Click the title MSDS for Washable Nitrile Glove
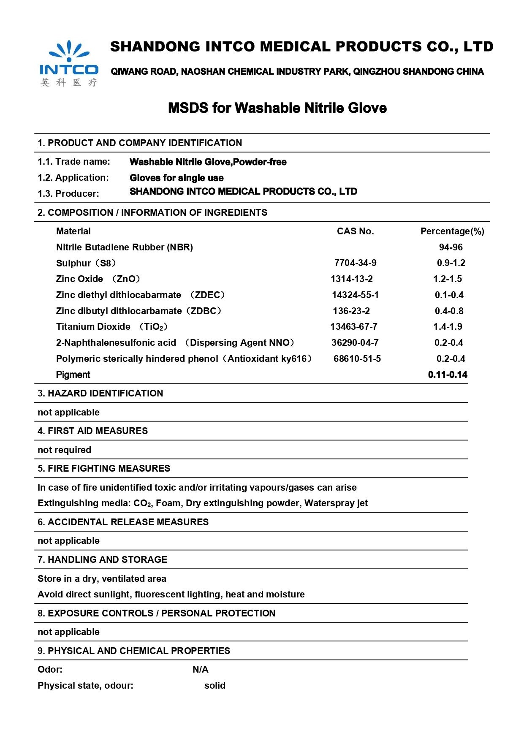click(x=277, y=108)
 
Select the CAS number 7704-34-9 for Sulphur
click(x=355, y=263)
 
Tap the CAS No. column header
click(x=355, y=231)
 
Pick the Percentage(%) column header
click(x=452, y=231)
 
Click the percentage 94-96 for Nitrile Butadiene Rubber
click(x=451, y=247)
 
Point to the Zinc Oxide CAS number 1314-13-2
click(x=351, y=279)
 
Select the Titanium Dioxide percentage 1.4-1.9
click(x=448, y=327)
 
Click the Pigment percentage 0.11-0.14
click(x=448, y=375)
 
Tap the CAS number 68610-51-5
click(x=357, y=359)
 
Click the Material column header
click(x=73, y=231)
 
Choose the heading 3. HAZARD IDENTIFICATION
click(x=100, y=394)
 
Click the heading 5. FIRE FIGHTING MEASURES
click(x=104, y=469)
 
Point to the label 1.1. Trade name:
click(x=74, y=162)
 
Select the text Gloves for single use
click(x=176, y=178)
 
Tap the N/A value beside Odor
click(x=200, y=670)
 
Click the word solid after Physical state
click(x=214, y=686)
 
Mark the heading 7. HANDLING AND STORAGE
click(x=102, y=560)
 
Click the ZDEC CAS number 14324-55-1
click(x=355, y=295)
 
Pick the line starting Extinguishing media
click(x=203, y=503)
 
